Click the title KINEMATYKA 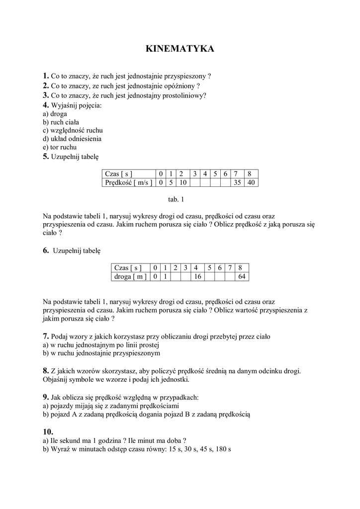(x=180, y=49)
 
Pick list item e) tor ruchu (x=60, y=148)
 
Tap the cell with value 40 (x=251, y=182)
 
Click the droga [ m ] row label (x=130, y=276)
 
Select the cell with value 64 (x=242, y=276)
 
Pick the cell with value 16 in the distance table (x=197, y=276)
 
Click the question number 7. (x=45, y=336)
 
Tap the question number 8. (x=45, y=371)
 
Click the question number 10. (x=48, y=431)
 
